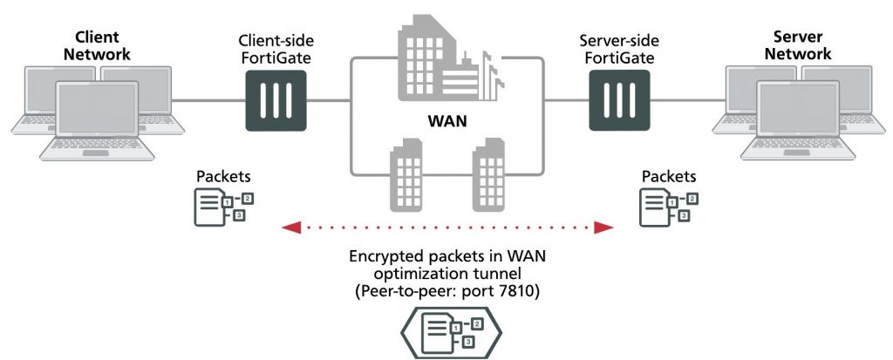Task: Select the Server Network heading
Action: pos(802,45)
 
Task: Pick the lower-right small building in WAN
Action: pos(488,180)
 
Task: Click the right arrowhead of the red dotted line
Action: pos(603,228)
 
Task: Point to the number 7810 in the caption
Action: pos(515,292)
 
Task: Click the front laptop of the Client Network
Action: pos(98,122)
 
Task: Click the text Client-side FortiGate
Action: pos(276,49)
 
